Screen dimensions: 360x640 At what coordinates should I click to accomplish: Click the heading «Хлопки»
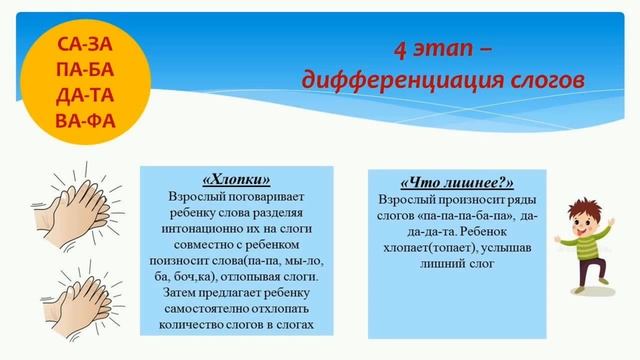point(236,181)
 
